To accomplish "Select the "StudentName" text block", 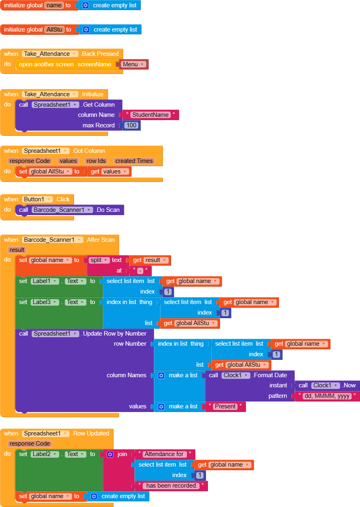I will click(150, 115).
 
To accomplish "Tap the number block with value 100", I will click(131, 125).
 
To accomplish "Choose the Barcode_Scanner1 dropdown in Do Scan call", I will click(61, 210).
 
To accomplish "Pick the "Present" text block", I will click(225, 406).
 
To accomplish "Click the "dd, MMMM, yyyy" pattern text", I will click(327, 396).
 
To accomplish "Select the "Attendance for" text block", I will click(165, 454).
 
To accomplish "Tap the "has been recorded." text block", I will click(171, 486).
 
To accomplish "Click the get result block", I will click(149, 260).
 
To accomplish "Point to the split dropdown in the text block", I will click(100, 260).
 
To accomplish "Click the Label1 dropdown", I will click(45, 281).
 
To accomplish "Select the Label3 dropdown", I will click(45, 302).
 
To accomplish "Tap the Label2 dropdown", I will click(45, 454).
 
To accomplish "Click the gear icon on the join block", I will click(110, 454).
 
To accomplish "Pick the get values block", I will click(109, 171).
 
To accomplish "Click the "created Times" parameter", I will click(133, 161).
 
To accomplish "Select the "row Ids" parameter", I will click(97, 161).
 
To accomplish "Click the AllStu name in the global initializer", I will click(54, 30).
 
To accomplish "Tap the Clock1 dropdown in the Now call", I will click(325, 385).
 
